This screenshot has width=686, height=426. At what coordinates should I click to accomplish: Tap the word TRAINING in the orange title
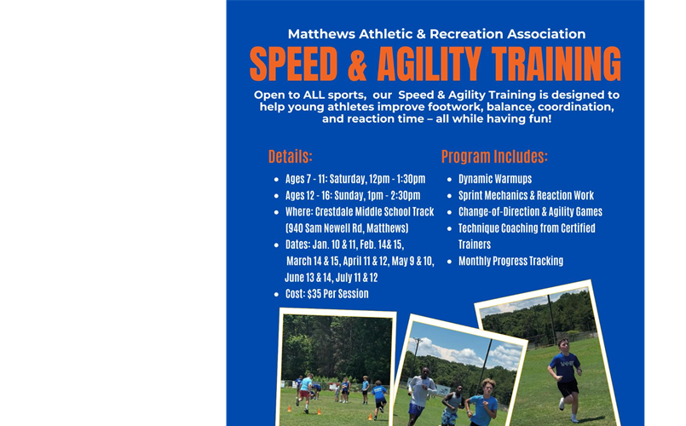pos(546,65)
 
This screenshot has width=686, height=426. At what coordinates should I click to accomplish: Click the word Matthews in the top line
pos(319,34)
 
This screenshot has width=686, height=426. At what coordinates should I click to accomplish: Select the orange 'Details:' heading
pos(291,157)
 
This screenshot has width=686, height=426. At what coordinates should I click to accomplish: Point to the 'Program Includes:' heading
pos(494,157)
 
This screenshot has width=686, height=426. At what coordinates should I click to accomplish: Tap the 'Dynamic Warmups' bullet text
pos(495,179)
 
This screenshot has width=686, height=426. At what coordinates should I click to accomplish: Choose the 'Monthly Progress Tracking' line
pos(510,262)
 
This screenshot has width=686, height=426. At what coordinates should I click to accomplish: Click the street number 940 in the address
pos(296,228)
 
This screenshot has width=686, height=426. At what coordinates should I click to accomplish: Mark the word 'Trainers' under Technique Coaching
pos(476,245)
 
